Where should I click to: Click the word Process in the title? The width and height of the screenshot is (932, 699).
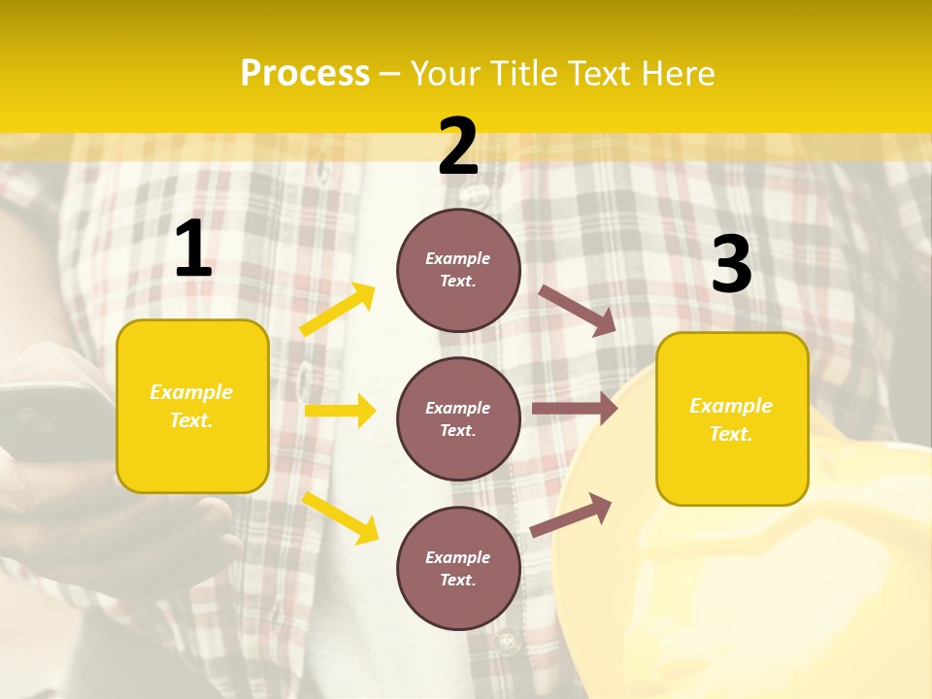305,74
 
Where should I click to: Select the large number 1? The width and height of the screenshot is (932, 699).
193,250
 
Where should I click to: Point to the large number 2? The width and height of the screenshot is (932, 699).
458,147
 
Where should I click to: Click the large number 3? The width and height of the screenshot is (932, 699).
731,264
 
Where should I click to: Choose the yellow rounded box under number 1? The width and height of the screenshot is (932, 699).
192,406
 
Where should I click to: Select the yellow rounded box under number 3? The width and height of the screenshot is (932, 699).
732,419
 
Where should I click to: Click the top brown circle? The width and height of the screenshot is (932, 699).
458,270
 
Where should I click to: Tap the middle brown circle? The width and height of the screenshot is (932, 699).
458,419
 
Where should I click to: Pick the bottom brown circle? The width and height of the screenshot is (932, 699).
458,569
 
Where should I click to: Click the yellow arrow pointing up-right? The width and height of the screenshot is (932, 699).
338,310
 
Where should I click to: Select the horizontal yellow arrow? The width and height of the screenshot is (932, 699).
340,411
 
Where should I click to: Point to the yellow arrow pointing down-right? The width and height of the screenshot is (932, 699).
340,517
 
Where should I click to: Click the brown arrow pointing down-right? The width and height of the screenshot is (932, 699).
578,310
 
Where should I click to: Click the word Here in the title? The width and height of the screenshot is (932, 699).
678,74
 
